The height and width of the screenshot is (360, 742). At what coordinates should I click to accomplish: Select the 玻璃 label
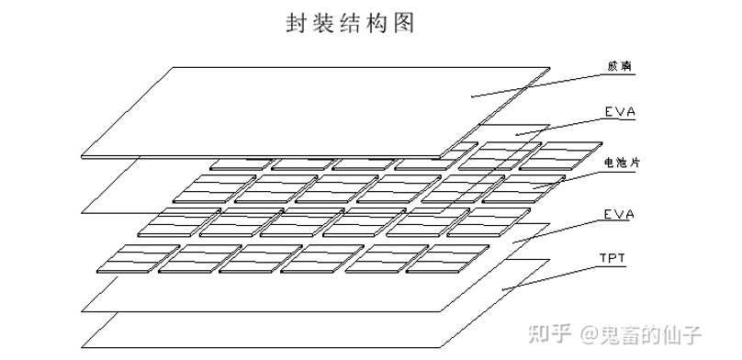point(620,67)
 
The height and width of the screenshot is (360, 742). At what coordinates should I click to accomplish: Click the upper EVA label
point(620,113)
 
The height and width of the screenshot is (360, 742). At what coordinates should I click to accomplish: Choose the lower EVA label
point(620,214)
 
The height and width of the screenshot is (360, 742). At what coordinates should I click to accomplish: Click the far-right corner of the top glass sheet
point(549,67)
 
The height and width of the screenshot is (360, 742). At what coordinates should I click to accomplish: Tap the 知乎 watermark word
point(553,333)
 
